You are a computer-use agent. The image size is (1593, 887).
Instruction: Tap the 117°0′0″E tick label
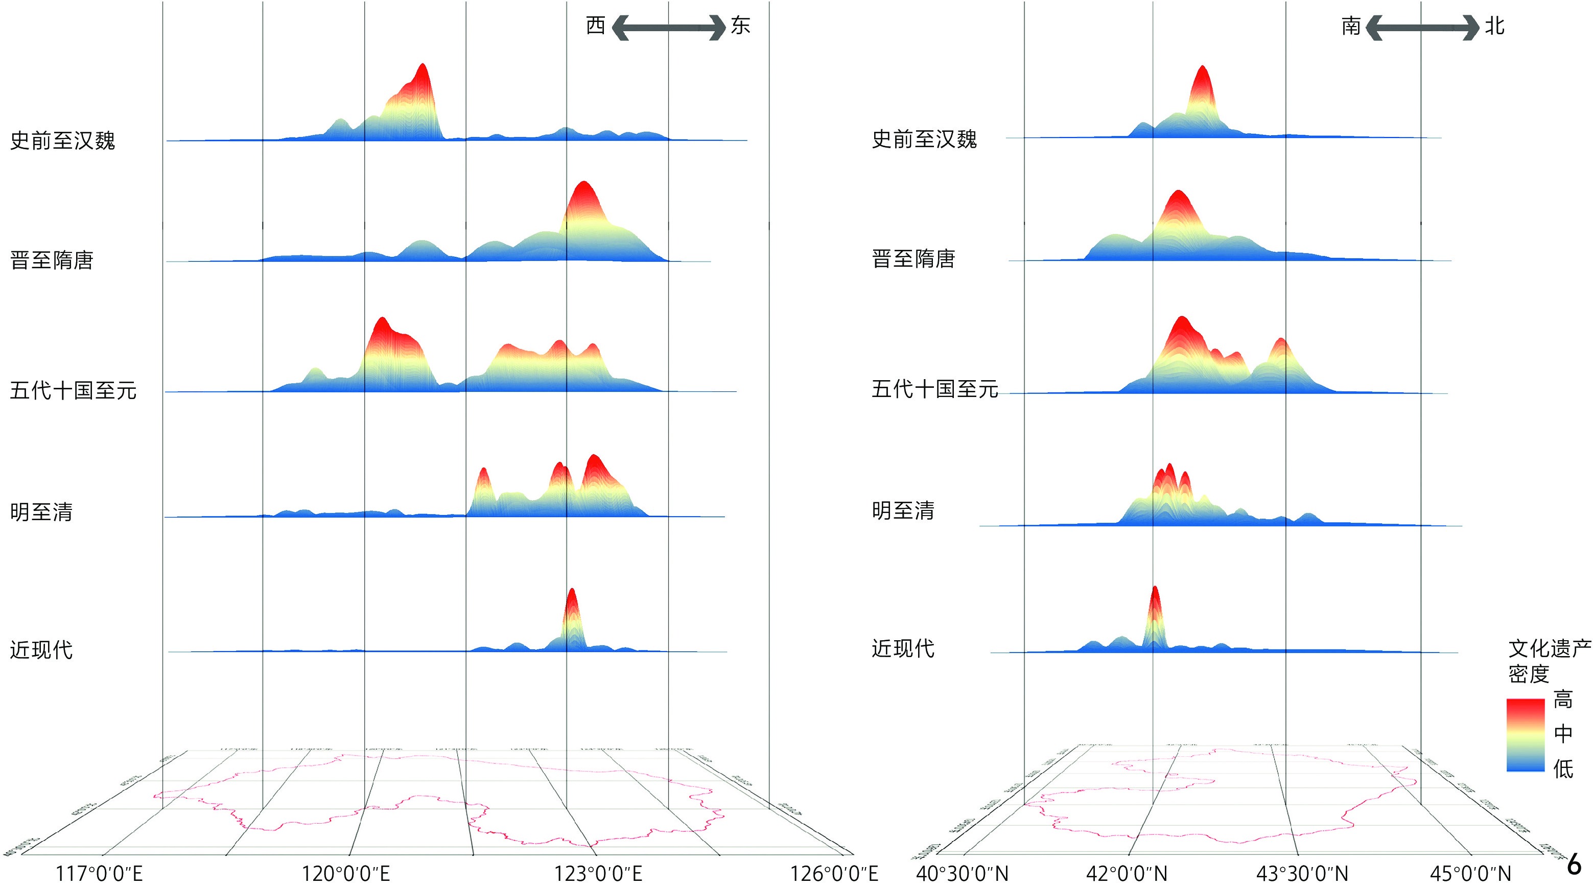(x=99, y=873)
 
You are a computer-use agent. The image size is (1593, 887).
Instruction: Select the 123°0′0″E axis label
(x=598, y=873)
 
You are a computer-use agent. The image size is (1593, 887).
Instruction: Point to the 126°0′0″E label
(x=834, y=873)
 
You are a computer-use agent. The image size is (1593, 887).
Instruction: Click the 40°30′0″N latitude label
(x=962, y=873)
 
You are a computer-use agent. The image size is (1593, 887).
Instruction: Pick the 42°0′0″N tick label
(x=1127, y=873)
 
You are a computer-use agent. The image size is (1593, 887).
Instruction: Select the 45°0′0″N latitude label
(x=1470, y=873)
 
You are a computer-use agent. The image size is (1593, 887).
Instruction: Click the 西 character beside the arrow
(x=596, y=26)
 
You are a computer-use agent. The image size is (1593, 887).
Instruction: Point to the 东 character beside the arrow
(x=740, y=26)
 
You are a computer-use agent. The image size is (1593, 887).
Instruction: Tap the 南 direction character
(x=1351, y=26)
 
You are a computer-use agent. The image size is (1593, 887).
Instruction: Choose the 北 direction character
(x=1495, y=26)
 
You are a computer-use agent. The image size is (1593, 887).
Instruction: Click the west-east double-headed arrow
(x=668, y=28)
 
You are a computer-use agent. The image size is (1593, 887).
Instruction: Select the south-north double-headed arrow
(x=1422, y=28)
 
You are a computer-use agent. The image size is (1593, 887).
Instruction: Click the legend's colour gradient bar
(x=1526, y=735)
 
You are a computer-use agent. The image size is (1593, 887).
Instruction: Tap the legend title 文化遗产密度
(x=1549, y=661)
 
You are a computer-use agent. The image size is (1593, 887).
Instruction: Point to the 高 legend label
(x=1563, y=699)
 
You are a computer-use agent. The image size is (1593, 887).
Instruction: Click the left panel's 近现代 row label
(x=41, y=649)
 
